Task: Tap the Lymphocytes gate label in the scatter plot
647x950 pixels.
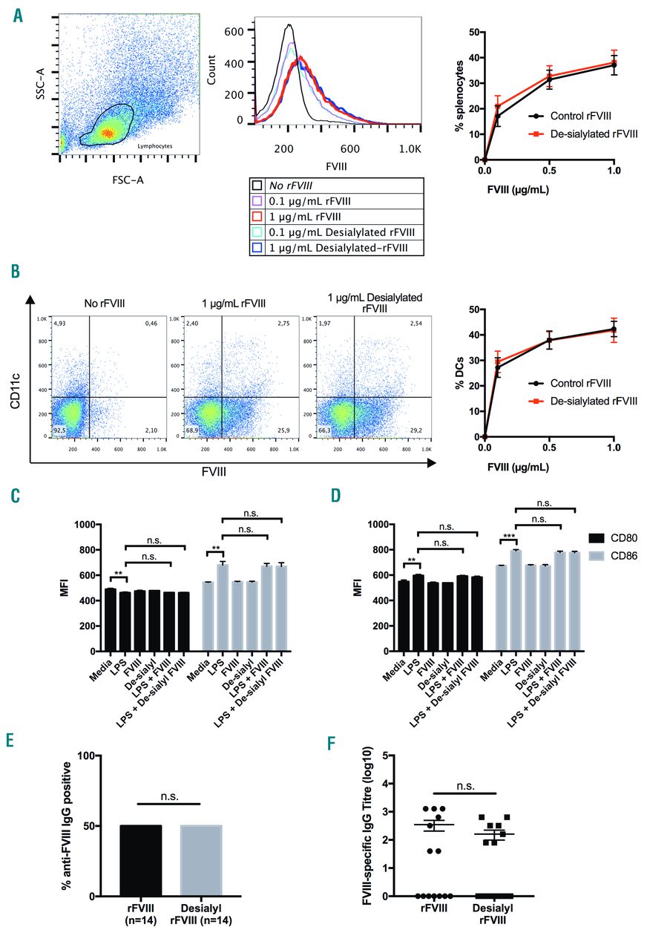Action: pyautogui.click(x=157, y=146)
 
